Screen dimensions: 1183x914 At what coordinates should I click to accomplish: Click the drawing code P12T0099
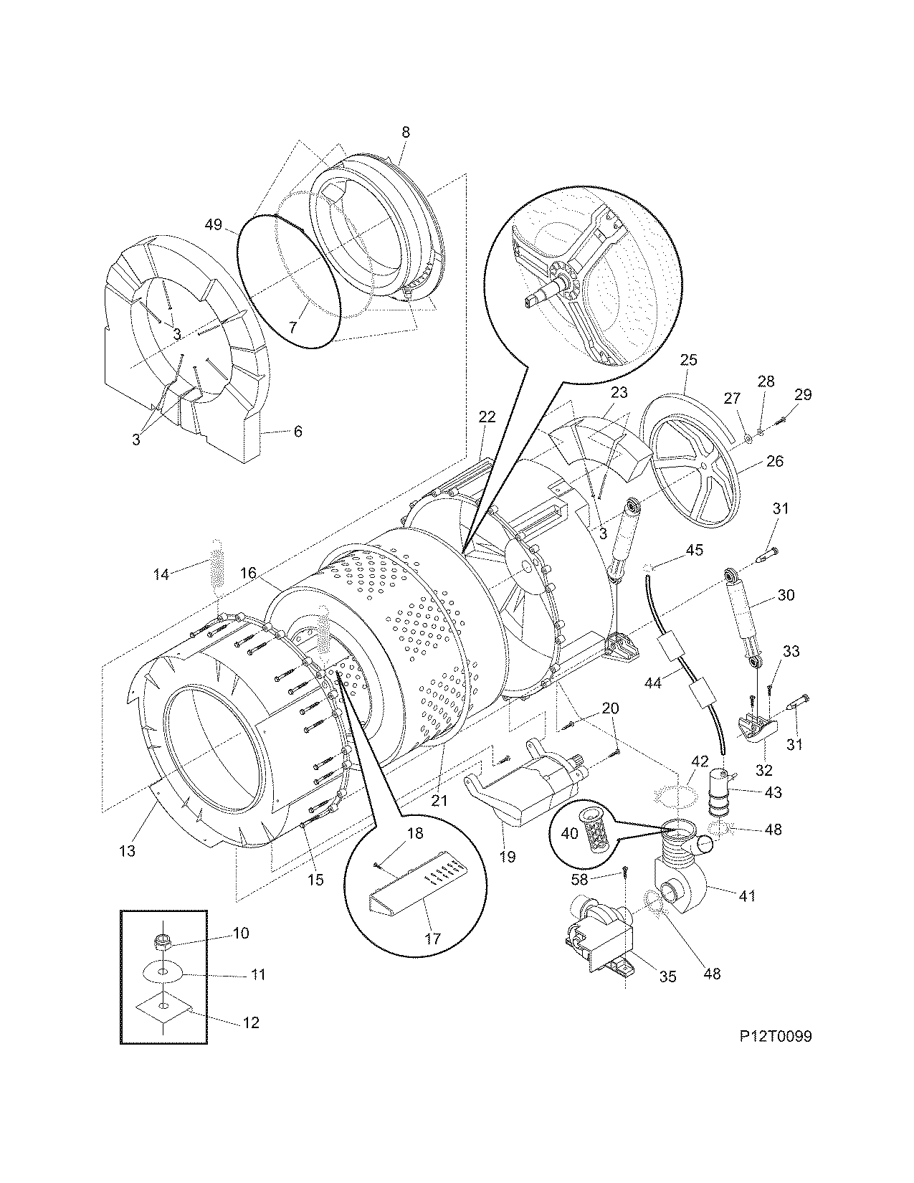(x=776, y=1037)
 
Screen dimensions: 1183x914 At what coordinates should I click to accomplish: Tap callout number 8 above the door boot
(x=406, y=133)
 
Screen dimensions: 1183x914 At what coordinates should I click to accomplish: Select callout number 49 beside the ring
(x=213, y=224)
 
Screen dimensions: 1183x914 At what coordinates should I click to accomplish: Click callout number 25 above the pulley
(x=687, y=360)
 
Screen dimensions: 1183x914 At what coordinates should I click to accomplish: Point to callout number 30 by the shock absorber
(x=786, y=595)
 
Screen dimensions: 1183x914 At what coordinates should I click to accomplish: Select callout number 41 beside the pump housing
(x=746, y=895)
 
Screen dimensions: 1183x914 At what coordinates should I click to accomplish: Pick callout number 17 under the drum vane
(x=432, y=938)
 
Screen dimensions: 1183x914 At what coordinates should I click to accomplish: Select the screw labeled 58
(x=626, y=873)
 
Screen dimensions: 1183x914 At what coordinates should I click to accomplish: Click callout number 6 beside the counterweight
(x=297, y=432)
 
